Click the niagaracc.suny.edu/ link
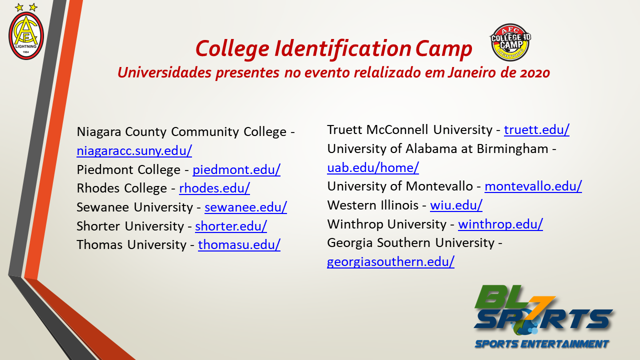(134, 150)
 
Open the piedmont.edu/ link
(236, 169)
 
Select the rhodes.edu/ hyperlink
(214, 188)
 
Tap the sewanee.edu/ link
(245, 207)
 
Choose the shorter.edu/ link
(231, 226)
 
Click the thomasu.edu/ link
(239, 244)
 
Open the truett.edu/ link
(536, 130)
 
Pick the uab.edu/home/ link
(373, 167)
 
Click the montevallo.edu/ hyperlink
(533, 186)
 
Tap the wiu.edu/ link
(456, 205)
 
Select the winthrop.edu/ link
(500, 224)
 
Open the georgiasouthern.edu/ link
(390, 261)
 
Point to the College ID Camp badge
(510, 42)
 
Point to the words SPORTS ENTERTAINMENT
(541, 344)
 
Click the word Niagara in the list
(98, 132)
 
